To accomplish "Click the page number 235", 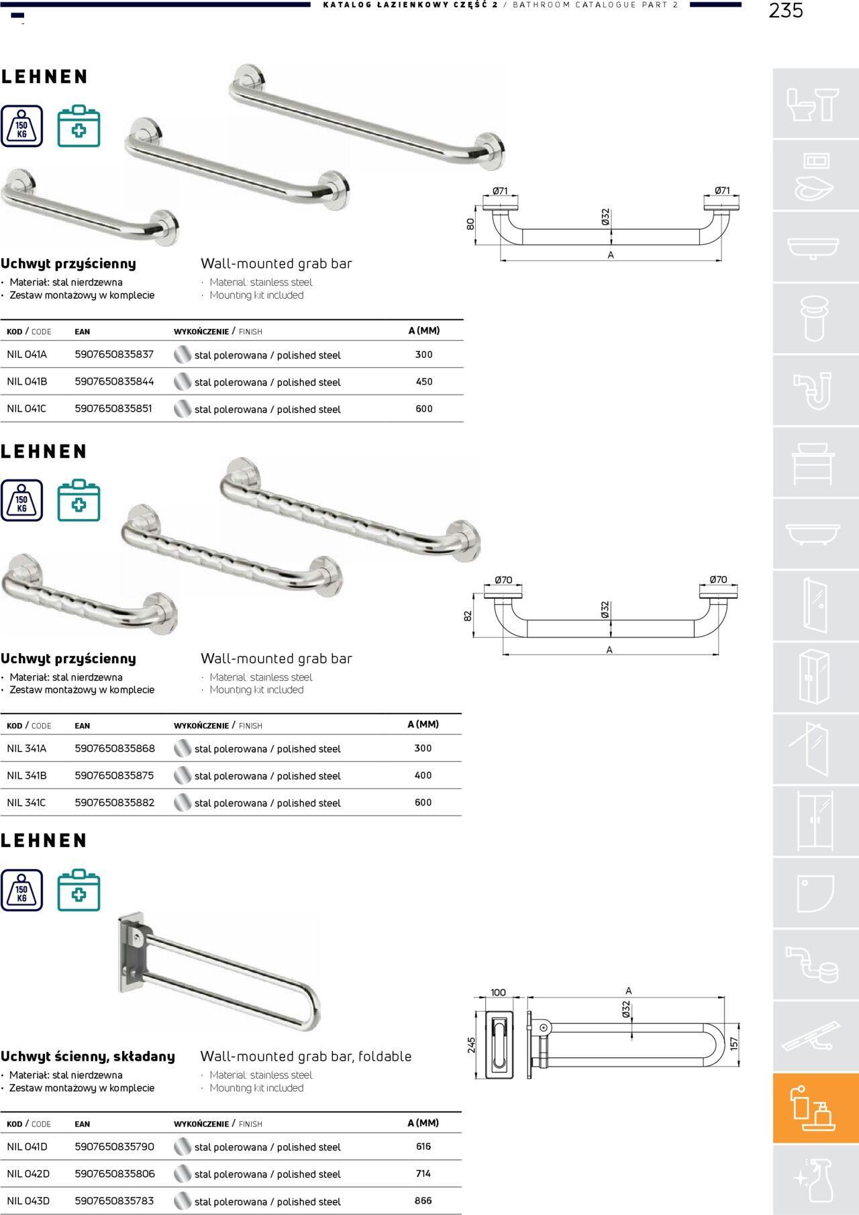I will click(x=785, y=11).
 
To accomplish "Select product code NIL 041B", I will click(x=27, y=381).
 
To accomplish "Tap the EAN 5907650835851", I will click(x=113, y=408).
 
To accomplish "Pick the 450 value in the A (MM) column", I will click(x=423, y=381).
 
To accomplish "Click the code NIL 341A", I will click(x=27, y=748).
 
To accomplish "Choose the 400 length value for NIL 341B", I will click(x=423, y=775).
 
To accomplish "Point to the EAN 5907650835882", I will click(x=114, y=802).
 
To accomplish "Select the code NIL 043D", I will click(x=28, y=1200).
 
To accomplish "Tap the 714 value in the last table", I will click(x=423, y=1173).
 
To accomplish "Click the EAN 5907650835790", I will click(x=114, y=1147).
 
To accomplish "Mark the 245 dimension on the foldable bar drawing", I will click(x=472, y=1045).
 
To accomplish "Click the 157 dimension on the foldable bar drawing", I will click(x=734, y=1043).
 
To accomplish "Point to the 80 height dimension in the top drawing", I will click(x=470, y=224).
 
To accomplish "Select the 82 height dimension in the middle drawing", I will click(x=468, y=615).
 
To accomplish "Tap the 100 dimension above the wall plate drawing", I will click(x=498, y=993).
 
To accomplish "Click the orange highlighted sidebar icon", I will click(x=815, y=1108).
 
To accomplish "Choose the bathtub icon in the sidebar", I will click(x=815, y=534).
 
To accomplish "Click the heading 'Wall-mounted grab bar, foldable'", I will click(x=305, y=1056).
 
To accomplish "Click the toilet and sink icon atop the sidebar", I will click(x=815, y=104).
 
